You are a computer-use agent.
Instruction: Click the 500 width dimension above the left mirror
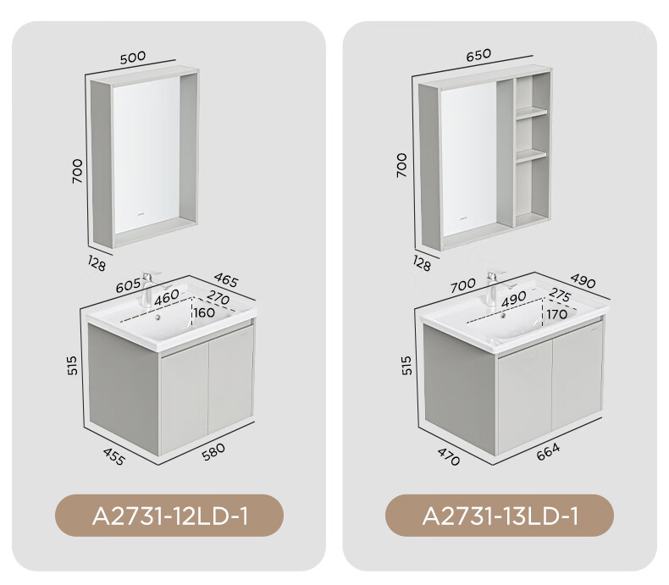tap(133, 57)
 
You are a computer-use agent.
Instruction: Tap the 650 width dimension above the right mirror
tap(478, 55)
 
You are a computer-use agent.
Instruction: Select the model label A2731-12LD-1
tap(170, 516)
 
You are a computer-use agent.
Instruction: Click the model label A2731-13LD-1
tap(500, 516)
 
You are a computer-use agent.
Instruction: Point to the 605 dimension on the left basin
tap(128, 284)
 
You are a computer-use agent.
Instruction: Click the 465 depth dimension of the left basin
tap(226, 279)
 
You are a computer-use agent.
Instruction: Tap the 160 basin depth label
tap(204, 312)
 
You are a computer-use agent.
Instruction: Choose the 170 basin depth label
tap(556, 315)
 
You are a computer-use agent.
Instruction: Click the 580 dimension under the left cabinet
tap(213, 451)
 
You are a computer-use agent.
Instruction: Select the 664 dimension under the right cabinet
tap(548, 452)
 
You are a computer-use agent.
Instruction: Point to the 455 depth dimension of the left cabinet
tap(114, 456)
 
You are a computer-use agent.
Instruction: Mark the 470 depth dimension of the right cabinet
tap(449, 456)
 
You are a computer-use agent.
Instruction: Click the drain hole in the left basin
tap(158, 317)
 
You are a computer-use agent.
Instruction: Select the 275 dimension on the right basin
tap(560, 295)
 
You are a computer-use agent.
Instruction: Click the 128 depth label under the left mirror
tap(97, 262)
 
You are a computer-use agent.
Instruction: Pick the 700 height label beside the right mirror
tap(401, 165)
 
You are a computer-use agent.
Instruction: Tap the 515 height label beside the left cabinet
tap(73, 366)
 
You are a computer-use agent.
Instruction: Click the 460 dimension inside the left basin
tap(166, 297)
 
